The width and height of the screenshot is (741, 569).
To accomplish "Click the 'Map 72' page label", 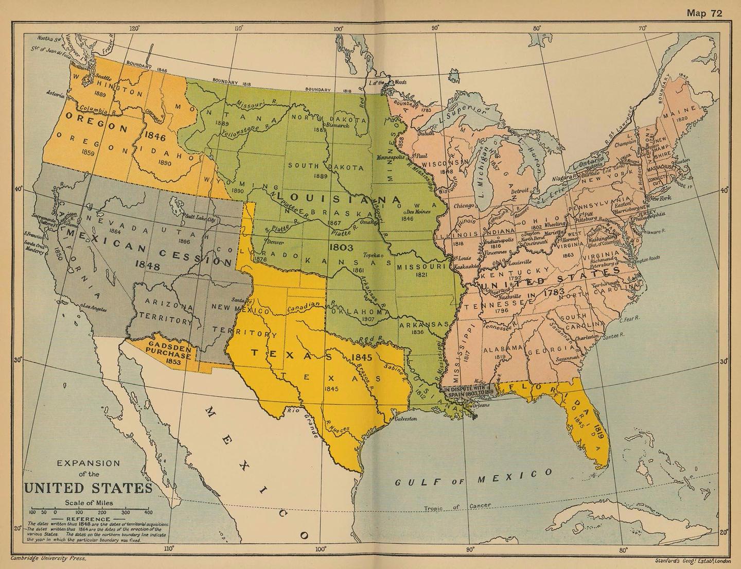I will pyautogui.click(x=704, y=13).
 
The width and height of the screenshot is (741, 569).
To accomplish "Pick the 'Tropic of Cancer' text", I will pyautogui.click(x=457, y=507).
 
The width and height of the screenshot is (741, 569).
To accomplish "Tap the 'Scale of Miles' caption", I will pyautogui.click(x=89, y=503).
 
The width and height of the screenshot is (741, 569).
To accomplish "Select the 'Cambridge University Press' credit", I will pyautogui.click(x=49, y=558).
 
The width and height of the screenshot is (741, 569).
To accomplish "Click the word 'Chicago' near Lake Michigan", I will pyautogui.click(x=464, y=205).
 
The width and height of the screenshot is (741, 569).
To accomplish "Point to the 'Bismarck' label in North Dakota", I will pyautogui.click(x=338, y=125).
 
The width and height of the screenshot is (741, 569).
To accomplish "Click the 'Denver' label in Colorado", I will pyautogui.click(x=276, y=242).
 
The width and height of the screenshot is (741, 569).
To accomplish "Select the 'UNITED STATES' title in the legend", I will pyautogui.click(x=89, y=488).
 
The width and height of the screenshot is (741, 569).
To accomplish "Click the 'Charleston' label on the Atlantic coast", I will pyautogui.click(x=587, y=338).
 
